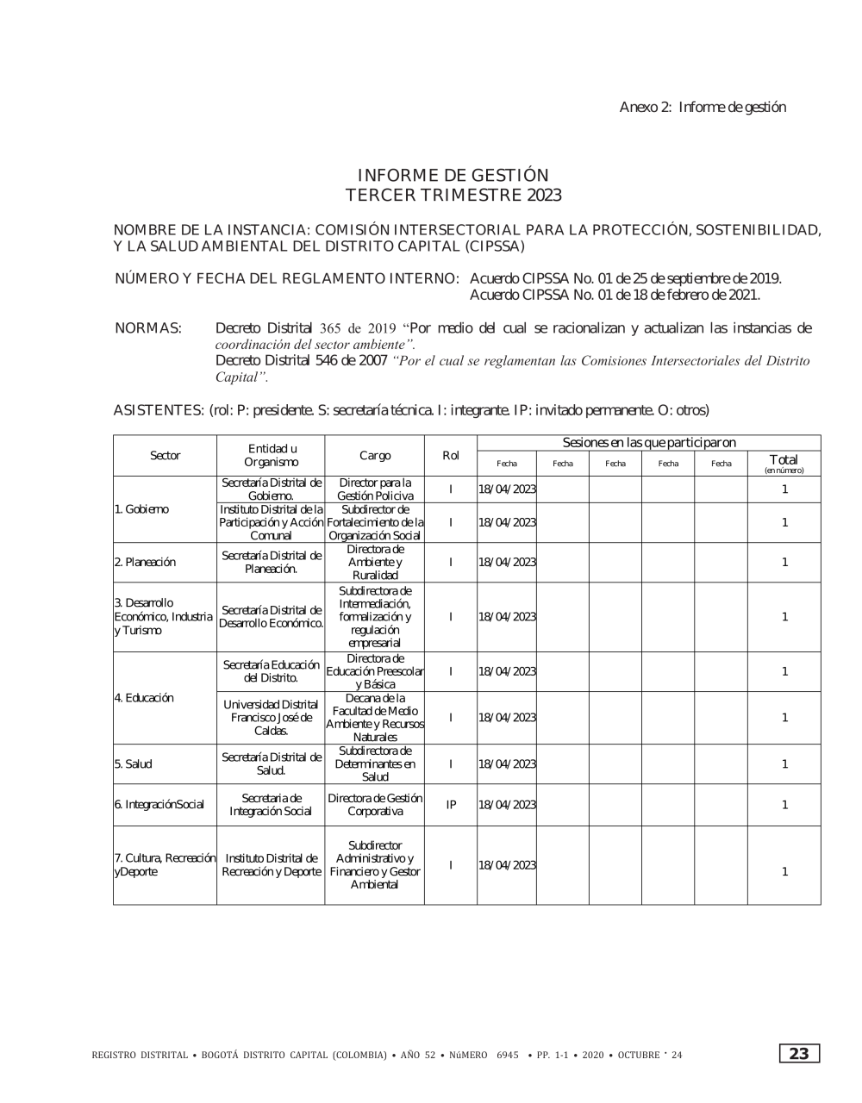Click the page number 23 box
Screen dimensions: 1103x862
click(799, 1054)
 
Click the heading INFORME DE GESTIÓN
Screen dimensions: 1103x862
click(453, 176)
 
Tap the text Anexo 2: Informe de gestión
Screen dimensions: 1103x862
click(703, 107)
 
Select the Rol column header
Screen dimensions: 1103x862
click(450, 455)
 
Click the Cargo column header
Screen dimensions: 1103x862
click(375, 455)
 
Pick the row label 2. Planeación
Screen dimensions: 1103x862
click(145, 562)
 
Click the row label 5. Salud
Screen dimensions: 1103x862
click(134, 763)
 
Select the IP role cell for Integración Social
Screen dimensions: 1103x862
click(450, 804)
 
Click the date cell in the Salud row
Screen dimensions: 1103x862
click(507, 763)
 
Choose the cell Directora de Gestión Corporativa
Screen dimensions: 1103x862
click(375, 804)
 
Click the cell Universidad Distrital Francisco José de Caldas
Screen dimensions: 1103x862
click(271, 717)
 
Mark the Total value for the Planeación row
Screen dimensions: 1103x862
click(784, 562)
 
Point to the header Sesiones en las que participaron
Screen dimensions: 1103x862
click(648, 443)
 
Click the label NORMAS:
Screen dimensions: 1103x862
click(147, 328)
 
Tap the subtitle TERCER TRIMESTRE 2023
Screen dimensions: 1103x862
click(453, 196)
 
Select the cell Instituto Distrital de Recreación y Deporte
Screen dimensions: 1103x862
click(271, 865)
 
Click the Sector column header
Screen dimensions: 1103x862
click(165, 455)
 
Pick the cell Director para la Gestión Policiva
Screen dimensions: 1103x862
click(375, 489)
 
